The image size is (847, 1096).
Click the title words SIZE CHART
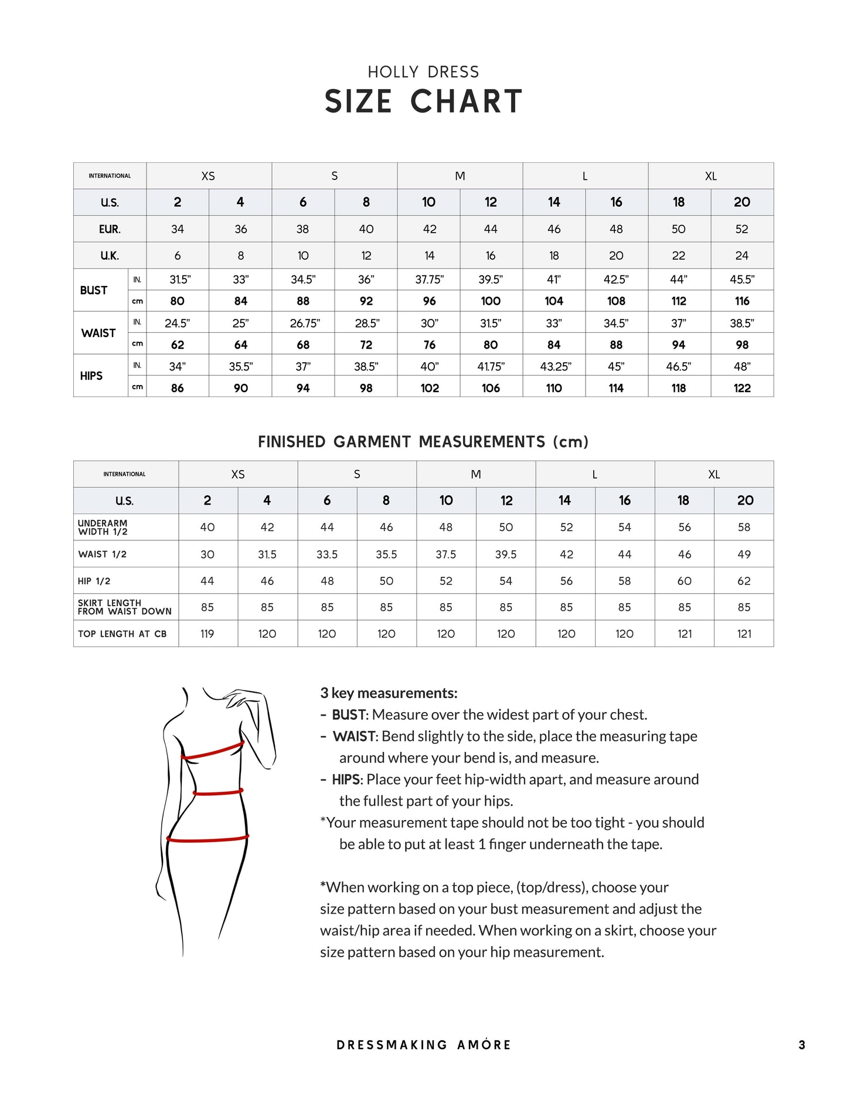423,101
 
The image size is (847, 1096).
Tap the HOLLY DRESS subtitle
423,72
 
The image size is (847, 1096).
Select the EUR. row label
110,229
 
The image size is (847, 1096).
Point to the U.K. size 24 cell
741,256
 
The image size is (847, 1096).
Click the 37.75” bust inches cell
429,280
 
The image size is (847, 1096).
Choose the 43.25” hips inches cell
555,366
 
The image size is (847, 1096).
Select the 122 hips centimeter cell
741,388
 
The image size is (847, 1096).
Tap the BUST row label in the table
94,290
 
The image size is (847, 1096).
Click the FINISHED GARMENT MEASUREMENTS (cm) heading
423,442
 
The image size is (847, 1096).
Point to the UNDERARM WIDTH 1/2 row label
103,527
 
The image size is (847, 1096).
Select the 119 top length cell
208,634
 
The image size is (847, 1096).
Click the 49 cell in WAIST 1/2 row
744,554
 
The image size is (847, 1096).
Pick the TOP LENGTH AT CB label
123,634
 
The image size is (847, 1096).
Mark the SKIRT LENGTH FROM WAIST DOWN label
124,607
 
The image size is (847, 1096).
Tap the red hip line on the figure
208,839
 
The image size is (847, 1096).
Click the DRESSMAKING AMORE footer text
423,1045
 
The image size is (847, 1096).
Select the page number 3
801,1045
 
